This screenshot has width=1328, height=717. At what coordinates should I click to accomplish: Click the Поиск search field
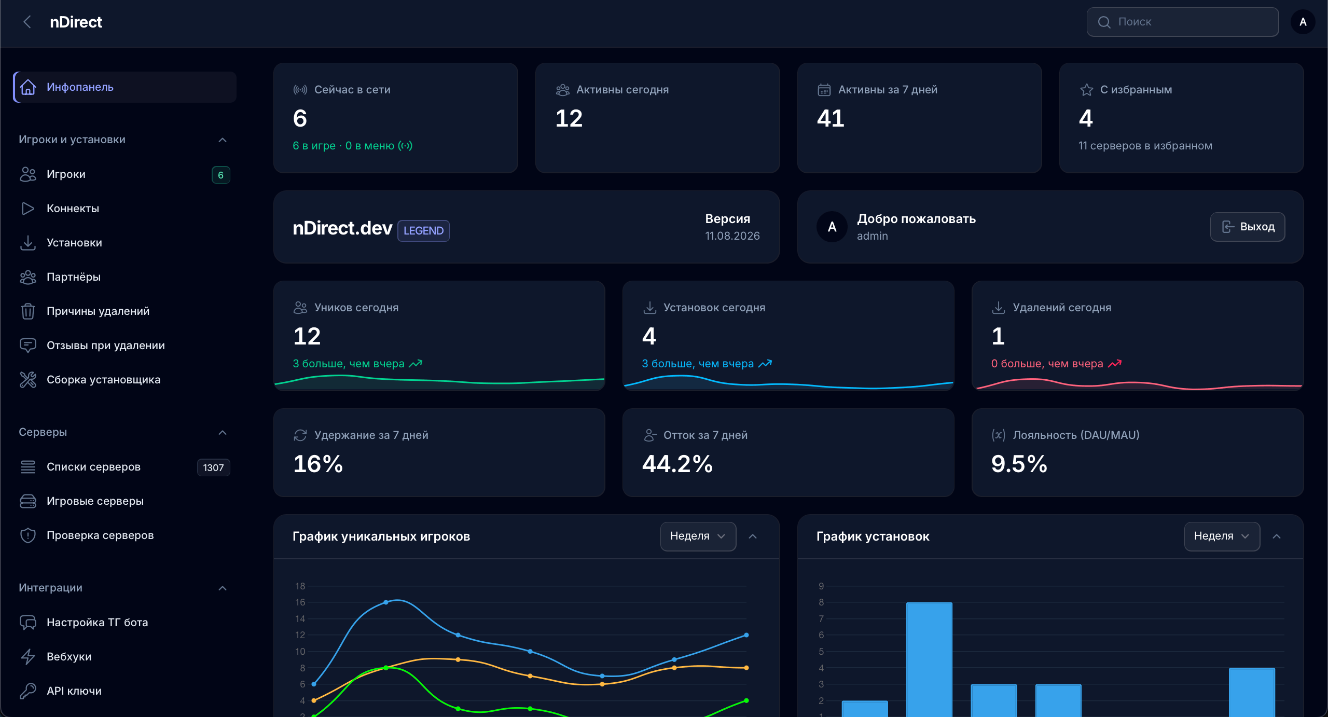point(1182,22)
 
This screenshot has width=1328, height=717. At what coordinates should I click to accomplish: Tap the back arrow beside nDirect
point(27,22)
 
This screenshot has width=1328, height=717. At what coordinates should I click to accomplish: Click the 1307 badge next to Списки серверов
point(213,467)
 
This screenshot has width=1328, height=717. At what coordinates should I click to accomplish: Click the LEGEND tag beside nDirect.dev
point(423,231)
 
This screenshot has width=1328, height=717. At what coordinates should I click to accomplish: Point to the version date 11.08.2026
point(732,236)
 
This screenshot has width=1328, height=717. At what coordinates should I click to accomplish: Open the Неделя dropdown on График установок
point(1222,536)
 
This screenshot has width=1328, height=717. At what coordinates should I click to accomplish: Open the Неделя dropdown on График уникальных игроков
point(698,536)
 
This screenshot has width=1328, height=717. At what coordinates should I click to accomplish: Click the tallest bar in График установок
point(929,659)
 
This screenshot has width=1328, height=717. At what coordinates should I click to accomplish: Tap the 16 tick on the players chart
point(300,602)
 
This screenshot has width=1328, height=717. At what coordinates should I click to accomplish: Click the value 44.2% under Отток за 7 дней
point(677,464)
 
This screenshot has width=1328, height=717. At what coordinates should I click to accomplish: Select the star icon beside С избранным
point(1086,90)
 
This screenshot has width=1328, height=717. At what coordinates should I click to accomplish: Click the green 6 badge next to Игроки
point(220,175)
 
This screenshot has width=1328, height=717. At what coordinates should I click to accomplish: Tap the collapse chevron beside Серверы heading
point(223,433)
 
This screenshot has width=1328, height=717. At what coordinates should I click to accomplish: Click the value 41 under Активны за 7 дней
point(831,118)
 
